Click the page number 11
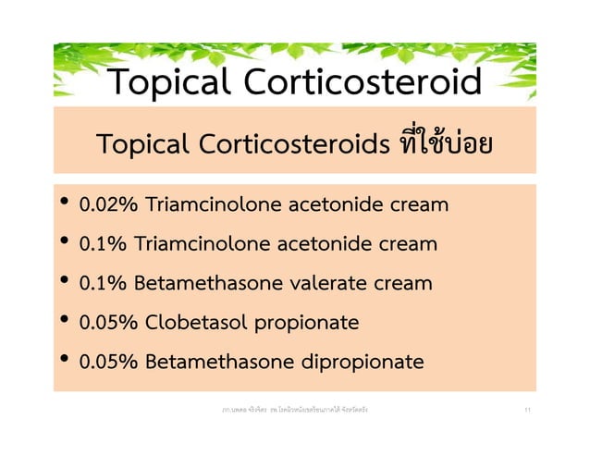pos(526,407)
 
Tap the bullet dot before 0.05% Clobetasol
pos(63,322)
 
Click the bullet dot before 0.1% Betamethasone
pos(63,282)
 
